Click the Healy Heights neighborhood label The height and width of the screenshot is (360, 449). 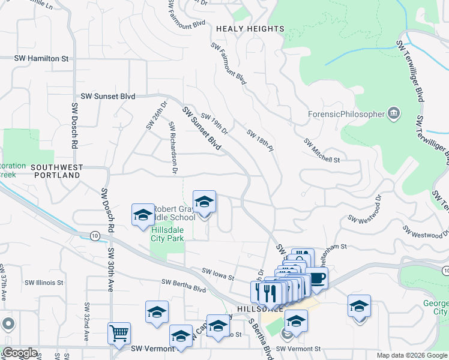tap(250, 29)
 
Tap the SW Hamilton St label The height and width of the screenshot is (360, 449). tap(42, 59)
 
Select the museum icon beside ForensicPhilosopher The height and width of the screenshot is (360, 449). tap(394, 113)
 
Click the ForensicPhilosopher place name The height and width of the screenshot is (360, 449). tap(346, 114)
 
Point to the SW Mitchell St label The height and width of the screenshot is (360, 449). tap(322, 151)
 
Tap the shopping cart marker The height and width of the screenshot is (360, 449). tap(119, 333)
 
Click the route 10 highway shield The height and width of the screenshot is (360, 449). tap(95, 236)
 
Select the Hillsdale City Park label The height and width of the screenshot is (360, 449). tap(167, 233)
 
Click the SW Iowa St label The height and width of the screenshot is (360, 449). tap(217, 274)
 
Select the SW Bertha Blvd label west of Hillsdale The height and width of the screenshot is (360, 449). tap(184, 284)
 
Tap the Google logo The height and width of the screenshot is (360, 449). tap(20, 353)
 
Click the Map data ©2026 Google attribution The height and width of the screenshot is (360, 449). tap(411, 355)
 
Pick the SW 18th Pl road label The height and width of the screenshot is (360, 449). tap(260, 140)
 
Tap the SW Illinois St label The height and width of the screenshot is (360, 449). tap(44, 282)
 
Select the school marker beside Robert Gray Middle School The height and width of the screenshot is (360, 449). tap(143, 215)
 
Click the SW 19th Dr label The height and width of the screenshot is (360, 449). tap(214, 124)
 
